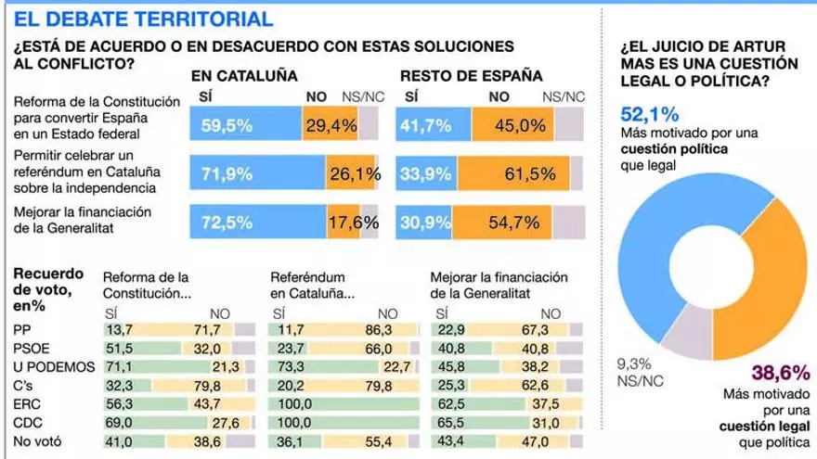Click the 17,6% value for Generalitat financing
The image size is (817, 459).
351,223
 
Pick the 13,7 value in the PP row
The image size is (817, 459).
122,329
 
